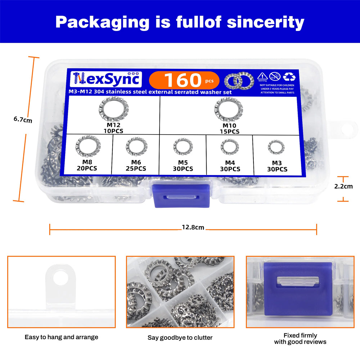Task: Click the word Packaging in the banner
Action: click(x=102, y=23)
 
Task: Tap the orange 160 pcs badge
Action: click(x=184, y=80)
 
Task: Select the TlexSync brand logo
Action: click(x=106, y=79)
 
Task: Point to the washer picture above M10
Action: click(x=229, y=109)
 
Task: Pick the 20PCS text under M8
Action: click(x=87, y=168)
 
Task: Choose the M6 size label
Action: click(x=136, y=162)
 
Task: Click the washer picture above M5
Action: click(x=183, y=147)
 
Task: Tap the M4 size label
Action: click(x=230, y=163)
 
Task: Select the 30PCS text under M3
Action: click(x=277, y=169)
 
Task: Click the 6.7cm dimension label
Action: click(x=23, y=120)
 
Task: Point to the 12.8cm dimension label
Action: click(x=193, y=227)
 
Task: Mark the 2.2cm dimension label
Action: click(x=343, y=186)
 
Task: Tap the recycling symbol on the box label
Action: click(x=289, y=77)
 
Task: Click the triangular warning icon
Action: click(x=262, y=76)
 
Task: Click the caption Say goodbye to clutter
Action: click(x=180, y=338)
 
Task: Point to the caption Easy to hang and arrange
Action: click(x=61, y=337)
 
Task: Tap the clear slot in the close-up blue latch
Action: click(x=298, y=281)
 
